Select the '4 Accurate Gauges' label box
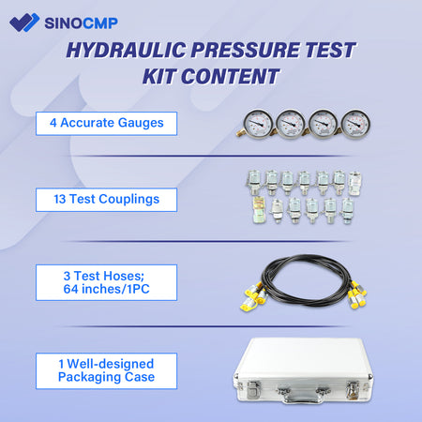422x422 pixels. coord(105,122)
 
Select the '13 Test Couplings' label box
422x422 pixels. coord(105,199)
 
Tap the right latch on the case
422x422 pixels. coord(347,386)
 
